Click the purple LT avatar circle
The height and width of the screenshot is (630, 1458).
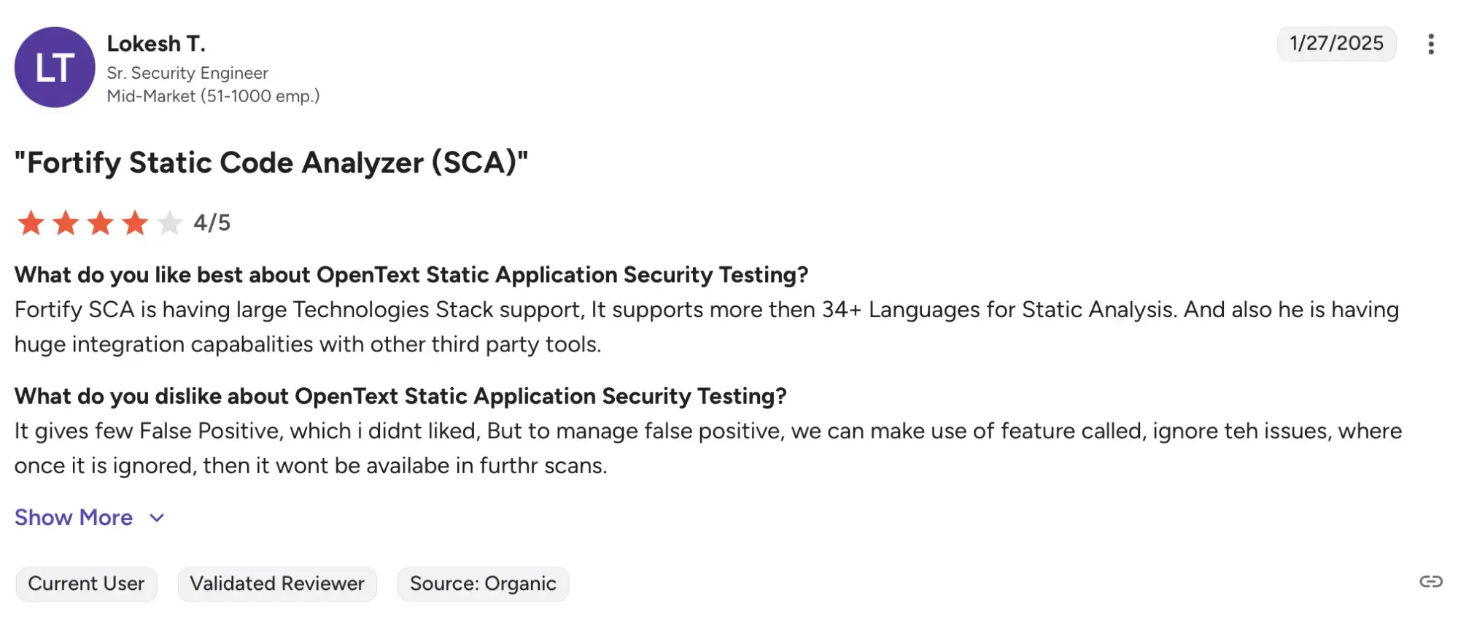(x=55, y=67)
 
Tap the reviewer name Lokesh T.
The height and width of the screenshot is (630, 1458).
(x=156, y=44)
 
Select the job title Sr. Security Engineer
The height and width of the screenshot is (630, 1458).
(x=187, y=73)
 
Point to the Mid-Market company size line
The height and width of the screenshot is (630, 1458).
(x=213, y=96)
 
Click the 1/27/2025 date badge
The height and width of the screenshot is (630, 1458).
(x=1336, y=44)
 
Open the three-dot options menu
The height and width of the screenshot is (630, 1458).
(x=1431, y=44)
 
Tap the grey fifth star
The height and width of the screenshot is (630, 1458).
(x=169, y=223)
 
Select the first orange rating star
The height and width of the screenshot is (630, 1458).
(x=31, y=223)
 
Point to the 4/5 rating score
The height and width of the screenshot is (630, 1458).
(x=212, y=222)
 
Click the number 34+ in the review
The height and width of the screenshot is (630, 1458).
(x=842, y=310)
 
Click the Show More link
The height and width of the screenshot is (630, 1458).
(x=74, y=518)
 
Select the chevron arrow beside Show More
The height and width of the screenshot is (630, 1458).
(x=157, y=518)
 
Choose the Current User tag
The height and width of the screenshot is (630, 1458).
(x=86, y=584)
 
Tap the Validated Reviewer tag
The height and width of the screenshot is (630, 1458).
(x=277, y=584)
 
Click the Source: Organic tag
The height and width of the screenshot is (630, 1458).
(x=483, y=584)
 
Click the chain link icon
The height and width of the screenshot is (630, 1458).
(x=1431, y=581)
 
